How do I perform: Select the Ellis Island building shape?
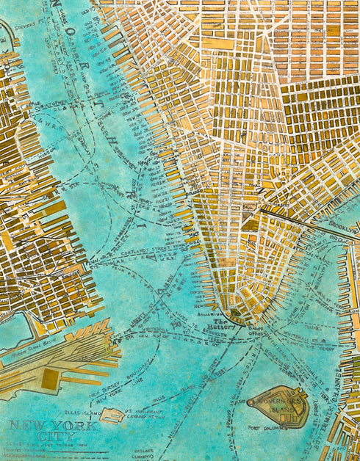(112, 416)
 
